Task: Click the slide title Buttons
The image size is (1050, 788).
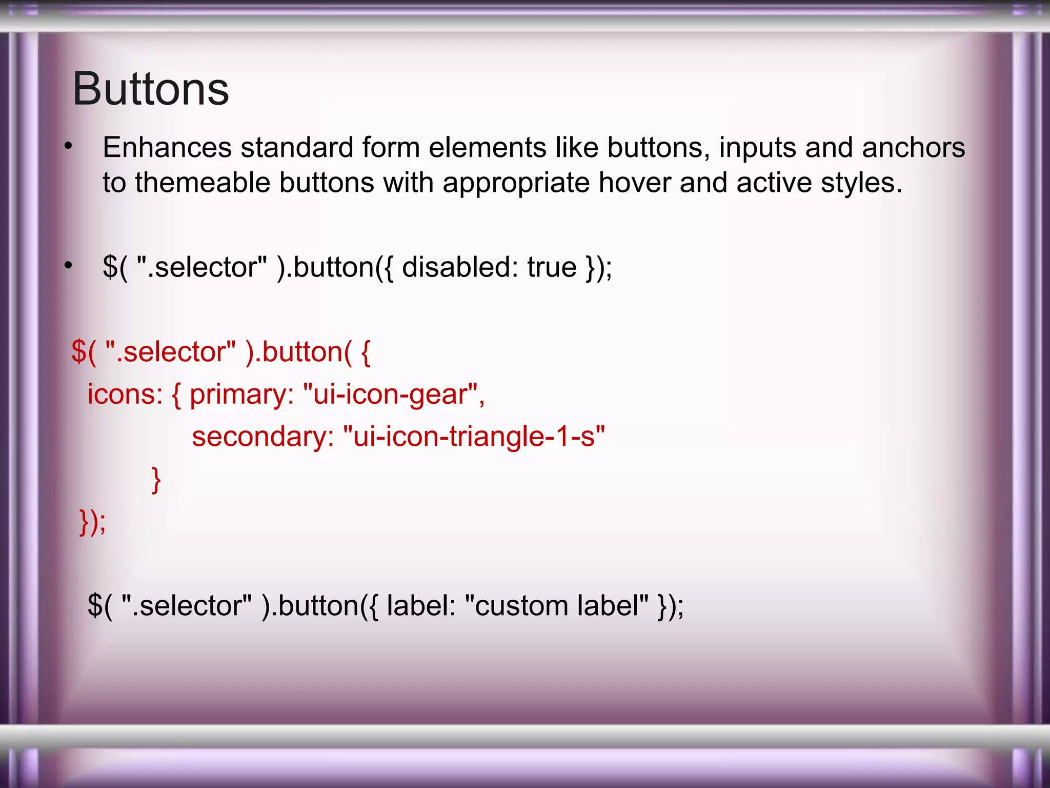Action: point(150,89)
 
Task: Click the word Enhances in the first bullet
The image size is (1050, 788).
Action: point(167,148)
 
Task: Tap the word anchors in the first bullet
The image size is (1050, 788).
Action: point(913,148)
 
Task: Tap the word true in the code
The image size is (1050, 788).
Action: point(552,267)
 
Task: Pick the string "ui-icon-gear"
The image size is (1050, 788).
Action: point(393,395)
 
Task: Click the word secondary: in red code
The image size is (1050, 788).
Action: point(262,437)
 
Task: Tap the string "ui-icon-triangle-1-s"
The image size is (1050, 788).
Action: point(474,437)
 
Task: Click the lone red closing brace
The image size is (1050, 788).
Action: point(156,480)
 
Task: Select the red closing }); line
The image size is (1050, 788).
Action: point(93,522)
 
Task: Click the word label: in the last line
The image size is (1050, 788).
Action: point(421,606)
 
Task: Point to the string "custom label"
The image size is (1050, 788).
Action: point(556,606)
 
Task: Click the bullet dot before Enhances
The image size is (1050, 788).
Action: point(68,147)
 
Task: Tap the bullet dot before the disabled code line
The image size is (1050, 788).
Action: point(68,266)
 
